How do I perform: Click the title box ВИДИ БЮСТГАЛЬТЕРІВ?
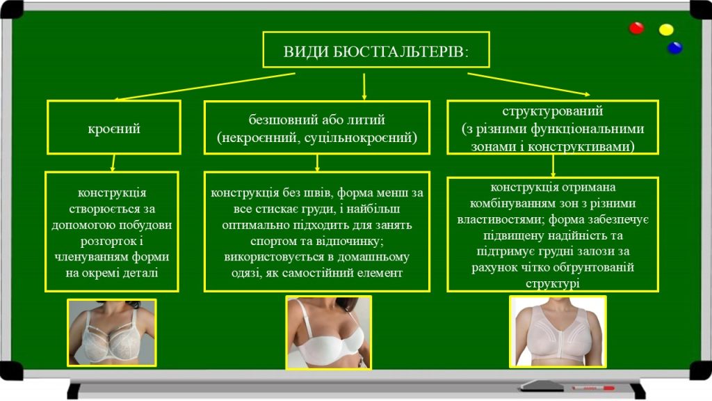(375, 49)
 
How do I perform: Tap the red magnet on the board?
(636, 29)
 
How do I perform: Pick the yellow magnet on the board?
(666, 30)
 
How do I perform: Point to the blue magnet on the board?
(674, 47)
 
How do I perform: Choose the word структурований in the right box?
(552, 111)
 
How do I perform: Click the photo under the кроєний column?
(111, 333)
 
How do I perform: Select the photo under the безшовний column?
(328, 333)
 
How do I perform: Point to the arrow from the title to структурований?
(528, 84)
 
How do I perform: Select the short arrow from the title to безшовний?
(364, 85)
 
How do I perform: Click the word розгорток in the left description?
(95, 241)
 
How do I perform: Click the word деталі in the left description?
(142, 273)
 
